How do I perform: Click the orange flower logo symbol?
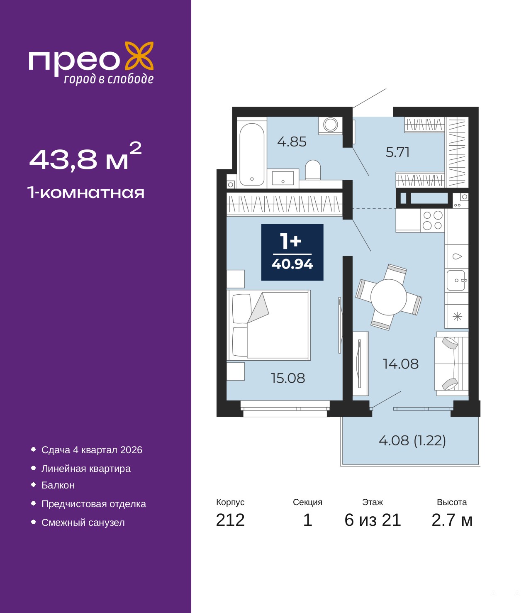[139, 56]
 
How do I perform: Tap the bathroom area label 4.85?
[292, 142]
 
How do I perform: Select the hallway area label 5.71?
[397, 152]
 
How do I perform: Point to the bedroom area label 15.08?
[288, 378]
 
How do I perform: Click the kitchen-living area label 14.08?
[401, 364]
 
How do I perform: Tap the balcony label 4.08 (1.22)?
[412, 440]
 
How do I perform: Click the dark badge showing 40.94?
[292, 252]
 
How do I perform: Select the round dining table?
[388, 297]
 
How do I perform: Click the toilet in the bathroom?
[313, 170]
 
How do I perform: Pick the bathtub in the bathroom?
[252, 154]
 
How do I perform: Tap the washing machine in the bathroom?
[330, 125]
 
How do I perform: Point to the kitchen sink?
[456, 280]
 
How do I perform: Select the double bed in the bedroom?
[269, 325]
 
